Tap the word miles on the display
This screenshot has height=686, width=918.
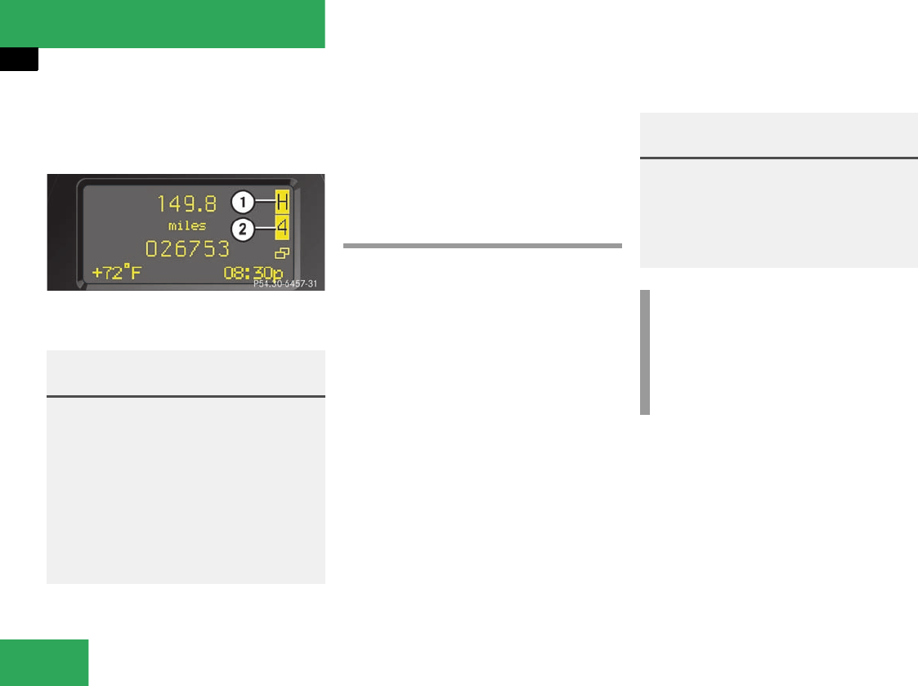click(187, 225)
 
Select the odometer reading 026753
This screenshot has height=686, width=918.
click(187, 248)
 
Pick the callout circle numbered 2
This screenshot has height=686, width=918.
click(241, 229)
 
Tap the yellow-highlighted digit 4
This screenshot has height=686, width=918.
click(282, 228)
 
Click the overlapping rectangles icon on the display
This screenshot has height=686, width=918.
click(283, 254)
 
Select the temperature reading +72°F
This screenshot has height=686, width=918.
click(116, 273)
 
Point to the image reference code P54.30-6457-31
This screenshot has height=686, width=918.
click(285, 284)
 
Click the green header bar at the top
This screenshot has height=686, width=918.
click(162, 24)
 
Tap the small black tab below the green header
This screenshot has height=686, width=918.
click(19, 59)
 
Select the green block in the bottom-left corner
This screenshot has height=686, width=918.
click(44, 662)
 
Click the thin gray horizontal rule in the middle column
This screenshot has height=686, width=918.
click(482, 244)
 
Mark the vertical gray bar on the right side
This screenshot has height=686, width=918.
click(645, 352)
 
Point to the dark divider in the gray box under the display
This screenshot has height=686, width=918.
click(186, 397)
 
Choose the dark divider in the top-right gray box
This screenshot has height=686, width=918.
click(778, 158)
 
